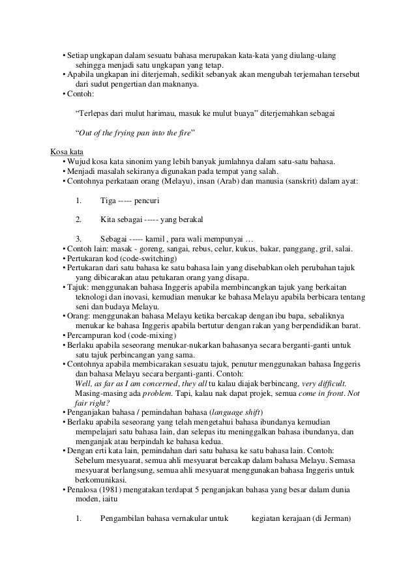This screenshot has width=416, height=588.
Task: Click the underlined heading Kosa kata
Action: pos(65,153)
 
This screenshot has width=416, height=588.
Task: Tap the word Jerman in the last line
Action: pos(334,518)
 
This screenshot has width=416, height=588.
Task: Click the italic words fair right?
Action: pos(90,403)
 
